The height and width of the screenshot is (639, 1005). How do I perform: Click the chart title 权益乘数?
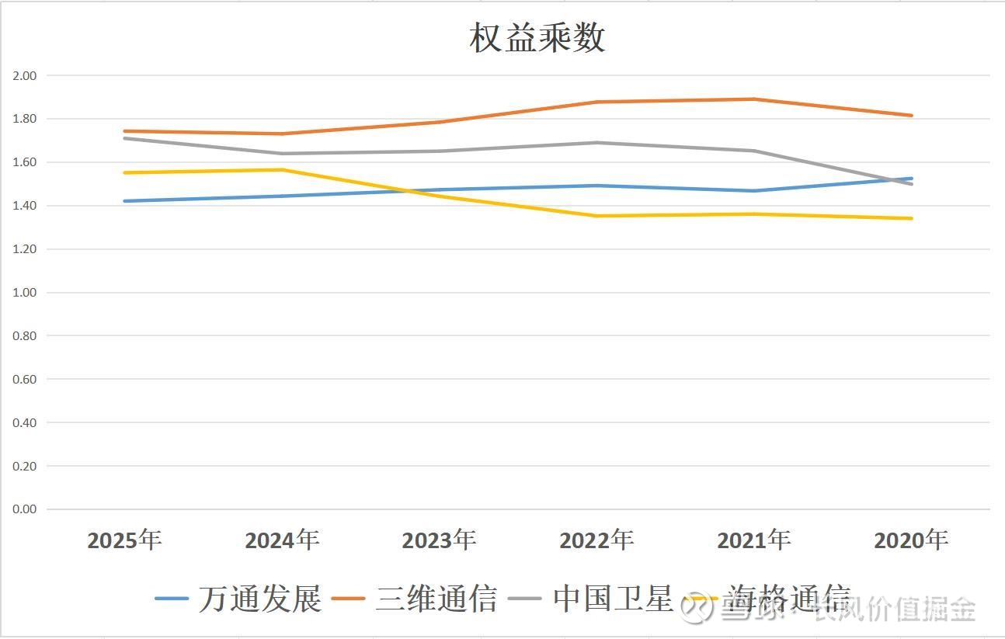[x=537, y=38]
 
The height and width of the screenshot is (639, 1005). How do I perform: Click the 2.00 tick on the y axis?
[x=26, y=75]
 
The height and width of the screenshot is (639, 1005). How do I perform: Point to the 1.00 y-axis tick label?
[x=26, y=293]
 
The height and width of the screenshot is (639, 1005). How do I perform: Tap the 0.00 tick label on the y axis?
[x=26, y=509]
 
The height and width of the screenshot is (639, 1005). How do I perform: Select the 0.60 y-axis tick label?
[x=26, y=380]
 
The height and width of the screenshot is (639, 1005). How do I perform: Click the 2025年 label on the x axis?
[x=124, y=540]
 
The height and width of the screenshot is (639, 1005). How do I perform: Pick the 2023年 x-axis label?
[x=439, y=540]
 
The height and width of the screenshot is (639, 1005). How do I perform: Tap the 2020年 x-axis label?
[x=911, y=540]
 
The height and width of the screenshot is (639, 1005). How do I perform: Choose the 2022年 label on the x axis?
[x=596, y=540]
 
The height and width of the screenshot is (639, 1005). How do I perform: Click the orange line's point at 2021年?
[x=754, y=99]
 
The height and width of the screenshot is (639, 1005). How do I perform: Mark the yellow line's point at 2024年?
[x=282, y=170]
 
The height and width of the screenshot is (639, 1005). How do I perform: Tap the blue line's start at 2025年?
[x=124, y=201]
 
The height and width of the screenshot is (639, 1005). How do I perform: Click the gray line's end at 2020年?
[x=911, y=184]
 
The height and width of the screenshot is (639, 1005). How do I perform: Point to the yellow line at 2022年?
[x=596, y=216]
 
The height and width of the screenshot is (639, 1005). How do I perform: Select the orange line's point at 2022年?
[x=596, y=102]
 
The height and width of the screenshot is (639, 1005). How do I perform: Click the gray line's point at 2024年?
[x=282, y=154]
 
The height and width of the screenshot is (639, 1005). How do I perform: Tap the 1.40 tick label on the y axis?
[x=26, y=206]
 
